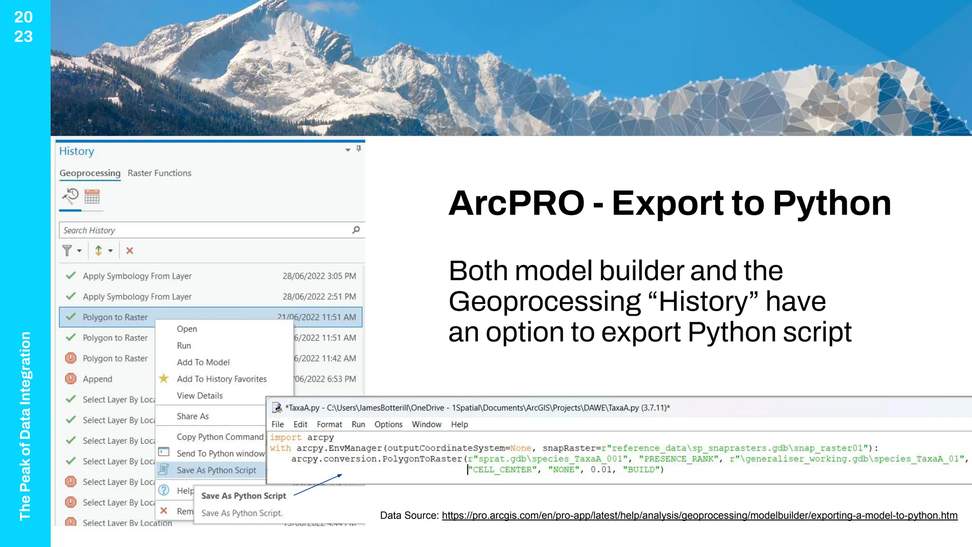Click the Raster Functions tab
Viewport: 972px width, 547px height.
pos(159,173)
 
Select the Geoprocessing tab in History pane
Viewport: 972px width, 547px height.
pos(90,173)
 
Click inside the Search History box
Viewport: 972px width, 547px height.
pos(204,230)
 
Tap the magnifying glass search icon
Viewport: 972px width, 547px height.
pos(356,230)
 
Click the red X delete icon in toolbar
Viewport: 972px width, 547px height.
pos(130,251)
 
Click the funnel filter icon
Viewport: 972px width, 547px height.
pos(67,250)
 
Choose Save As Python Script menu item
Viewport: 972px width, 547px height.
pos(216,470)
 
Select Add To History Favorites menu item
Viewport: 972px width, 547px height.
pos(221,379)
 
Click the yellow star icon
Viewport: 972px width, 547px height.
pos(164,378)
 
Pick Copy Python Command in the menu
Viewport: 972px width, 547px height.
pos(220,437)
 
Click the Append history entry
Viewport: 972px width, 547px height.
pos(97,379)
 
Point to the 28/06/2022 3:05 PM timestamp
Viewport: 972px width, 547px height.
pos(319,276)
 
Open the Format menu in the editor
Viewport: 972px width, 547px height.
pos(329,424)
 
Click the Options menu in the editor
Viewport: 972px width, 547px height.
pos(388,424)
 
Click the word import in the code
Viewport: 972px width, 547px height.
pos(286,437)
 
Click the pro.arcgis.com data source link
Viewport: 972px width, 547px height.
pos(699,516)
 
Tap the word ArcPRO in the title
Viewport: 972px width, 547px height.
pos(516,203)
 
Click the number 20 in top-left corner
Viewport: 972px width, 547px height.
pos(23,17)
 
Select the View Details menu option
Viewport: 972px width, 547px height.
pos(199,396)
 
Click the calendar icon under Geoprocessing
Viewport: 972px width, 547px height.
pos(92,197)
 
